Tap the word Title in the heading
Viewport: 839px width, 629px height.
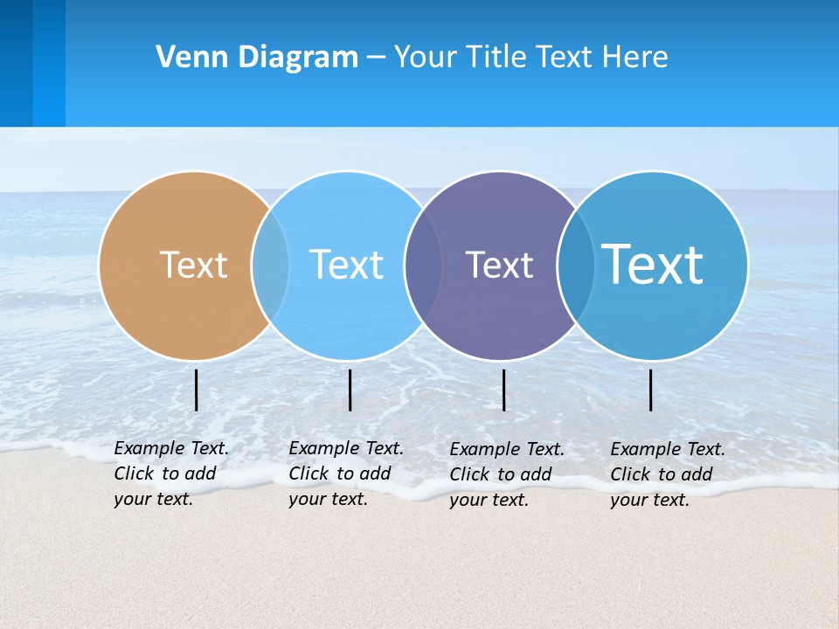tap(496, 57)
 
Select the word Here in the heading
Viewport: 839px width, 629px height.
tap(634, 57)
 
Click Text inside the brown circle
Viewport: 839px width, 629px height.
tap(193, 265)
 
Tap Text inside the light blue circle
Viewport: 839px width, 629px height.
tap(346, 265)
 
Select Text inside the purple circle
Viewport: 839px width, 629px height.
tap(499, 265)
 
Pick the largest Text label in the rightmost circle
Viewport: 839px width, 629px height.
tap(653, 264)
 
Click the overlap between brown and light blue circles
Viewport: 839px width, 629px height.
tap(270, 266)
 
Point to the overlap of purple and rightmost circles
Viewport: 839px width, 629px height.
tap(575, 266)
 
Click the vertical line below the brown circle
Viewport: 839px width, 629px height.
tap(197, 390)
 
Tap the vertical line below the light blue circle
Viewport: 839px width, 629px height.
tap(350, 390)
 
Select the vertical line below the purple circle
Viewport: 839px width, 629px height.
tap(503, 390)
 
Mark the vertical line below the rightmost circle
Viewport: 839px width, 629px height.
tap(651, 390)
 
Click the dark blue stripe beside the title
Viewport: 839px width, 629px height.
tap(17, 63)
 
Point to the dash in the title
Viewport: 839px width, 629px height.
tap(376, 58)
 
